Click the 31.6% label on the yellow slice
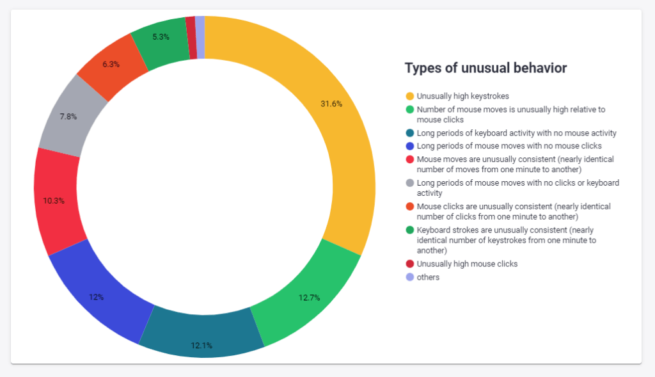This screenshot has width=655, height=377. point(331,104)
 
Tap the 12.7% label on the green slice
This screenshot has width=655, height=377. point(309,298)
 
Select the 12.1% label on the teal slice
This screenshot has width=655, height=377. point(201,346)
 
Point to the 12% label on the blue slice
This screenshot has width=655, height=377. point(97,297)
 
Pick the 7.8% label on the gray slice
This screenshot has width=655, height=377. point(68,116)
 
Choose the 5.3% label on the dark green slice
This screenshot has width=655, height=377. point(161,37)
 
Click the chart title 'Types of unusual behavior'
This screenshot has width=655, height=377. point(486,68)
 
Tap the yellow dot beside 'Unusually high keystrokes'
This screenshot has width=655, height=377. point(409,96)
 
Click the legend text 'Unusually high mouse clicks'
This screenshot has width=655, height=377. point(467,264)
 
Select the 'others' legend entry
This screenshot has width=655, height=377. point(428,277)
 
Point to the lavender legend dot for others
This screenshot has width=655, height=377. point(409,277)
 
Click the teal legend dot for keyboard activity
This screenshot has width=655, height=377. point(409,133)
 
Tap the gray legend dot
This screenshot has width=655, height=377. point(409,183)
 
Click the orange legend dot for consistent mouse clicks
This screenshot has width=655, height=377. point(409,207)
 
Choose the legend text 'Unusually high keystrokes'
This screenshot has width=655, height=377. point(462,96)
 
